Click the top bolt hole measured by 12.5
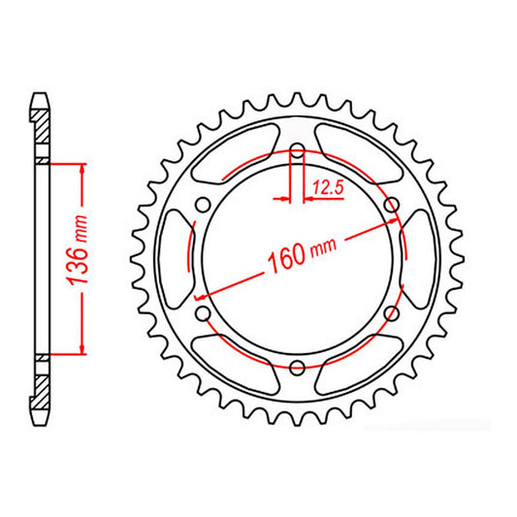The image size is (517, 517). tap(298, 151)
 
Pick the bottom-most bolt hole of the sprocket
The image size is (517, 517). tap(298, 367)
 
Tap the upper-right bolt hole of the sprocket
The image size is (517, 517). tap(391, 205)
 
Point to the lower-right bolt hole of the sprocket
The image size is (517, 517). tap(391, 312)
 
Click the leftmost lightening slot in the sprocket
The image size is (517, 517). tap(176, 259)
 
